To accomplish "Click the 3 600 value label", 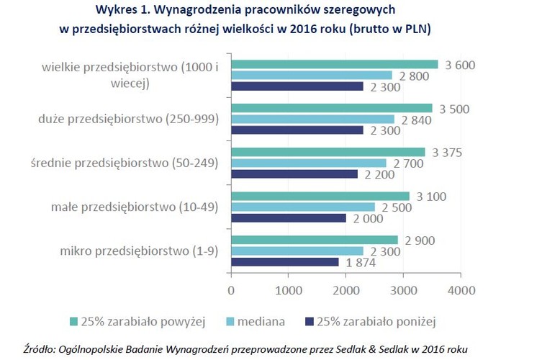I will (x=461, y=66).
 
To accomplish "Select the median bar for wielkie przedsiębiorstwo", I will (x=311, y=76).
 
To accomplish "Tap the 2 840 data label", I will (x=417, y=120).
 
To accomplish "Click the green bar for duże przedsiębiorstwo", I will (x=331, y=108).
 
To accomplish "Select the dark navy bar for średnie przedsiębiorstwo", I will (x=294, y=174).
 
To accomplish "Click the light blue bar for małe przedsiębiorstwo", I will (x=302, y=207).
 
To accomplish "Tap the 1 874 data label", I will (x=360, y=262).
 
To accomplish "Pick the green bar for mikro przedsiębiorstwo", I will (x=314, y=239).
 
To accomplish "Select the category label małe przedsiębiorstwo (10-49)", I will (x=134, y=207).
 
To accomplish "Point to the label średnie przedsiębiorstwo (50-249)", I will (x=122, y=163).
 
